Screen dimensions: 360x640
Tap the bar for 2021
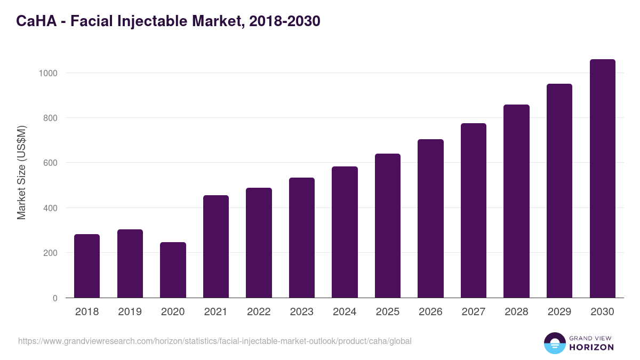click(x=216, y=246)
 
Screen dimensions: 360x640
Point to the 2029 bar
click(x=559, y=190)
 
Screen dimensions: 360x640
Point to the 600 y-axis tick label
click(x=50, y=163)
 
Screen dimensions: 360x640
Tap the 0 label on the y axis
click(x=55, y=298)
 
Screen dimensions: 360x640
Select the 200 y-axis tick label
click(x=50, y=253)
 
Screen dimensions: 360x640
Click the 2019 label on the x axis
click(x=130, y=312)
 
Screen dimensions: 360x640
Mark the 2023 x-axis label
click(x=301, y=312)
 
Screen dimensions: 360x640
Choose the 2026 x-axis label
click(x=430, y=312)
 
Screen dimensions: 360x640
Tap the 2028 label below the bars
click(x=516, y=312)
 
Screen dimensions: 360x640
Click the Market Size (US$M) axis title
click(x=21, y=173)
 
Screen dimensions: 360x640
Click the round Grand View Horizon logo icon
click(x=554, y=343)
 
